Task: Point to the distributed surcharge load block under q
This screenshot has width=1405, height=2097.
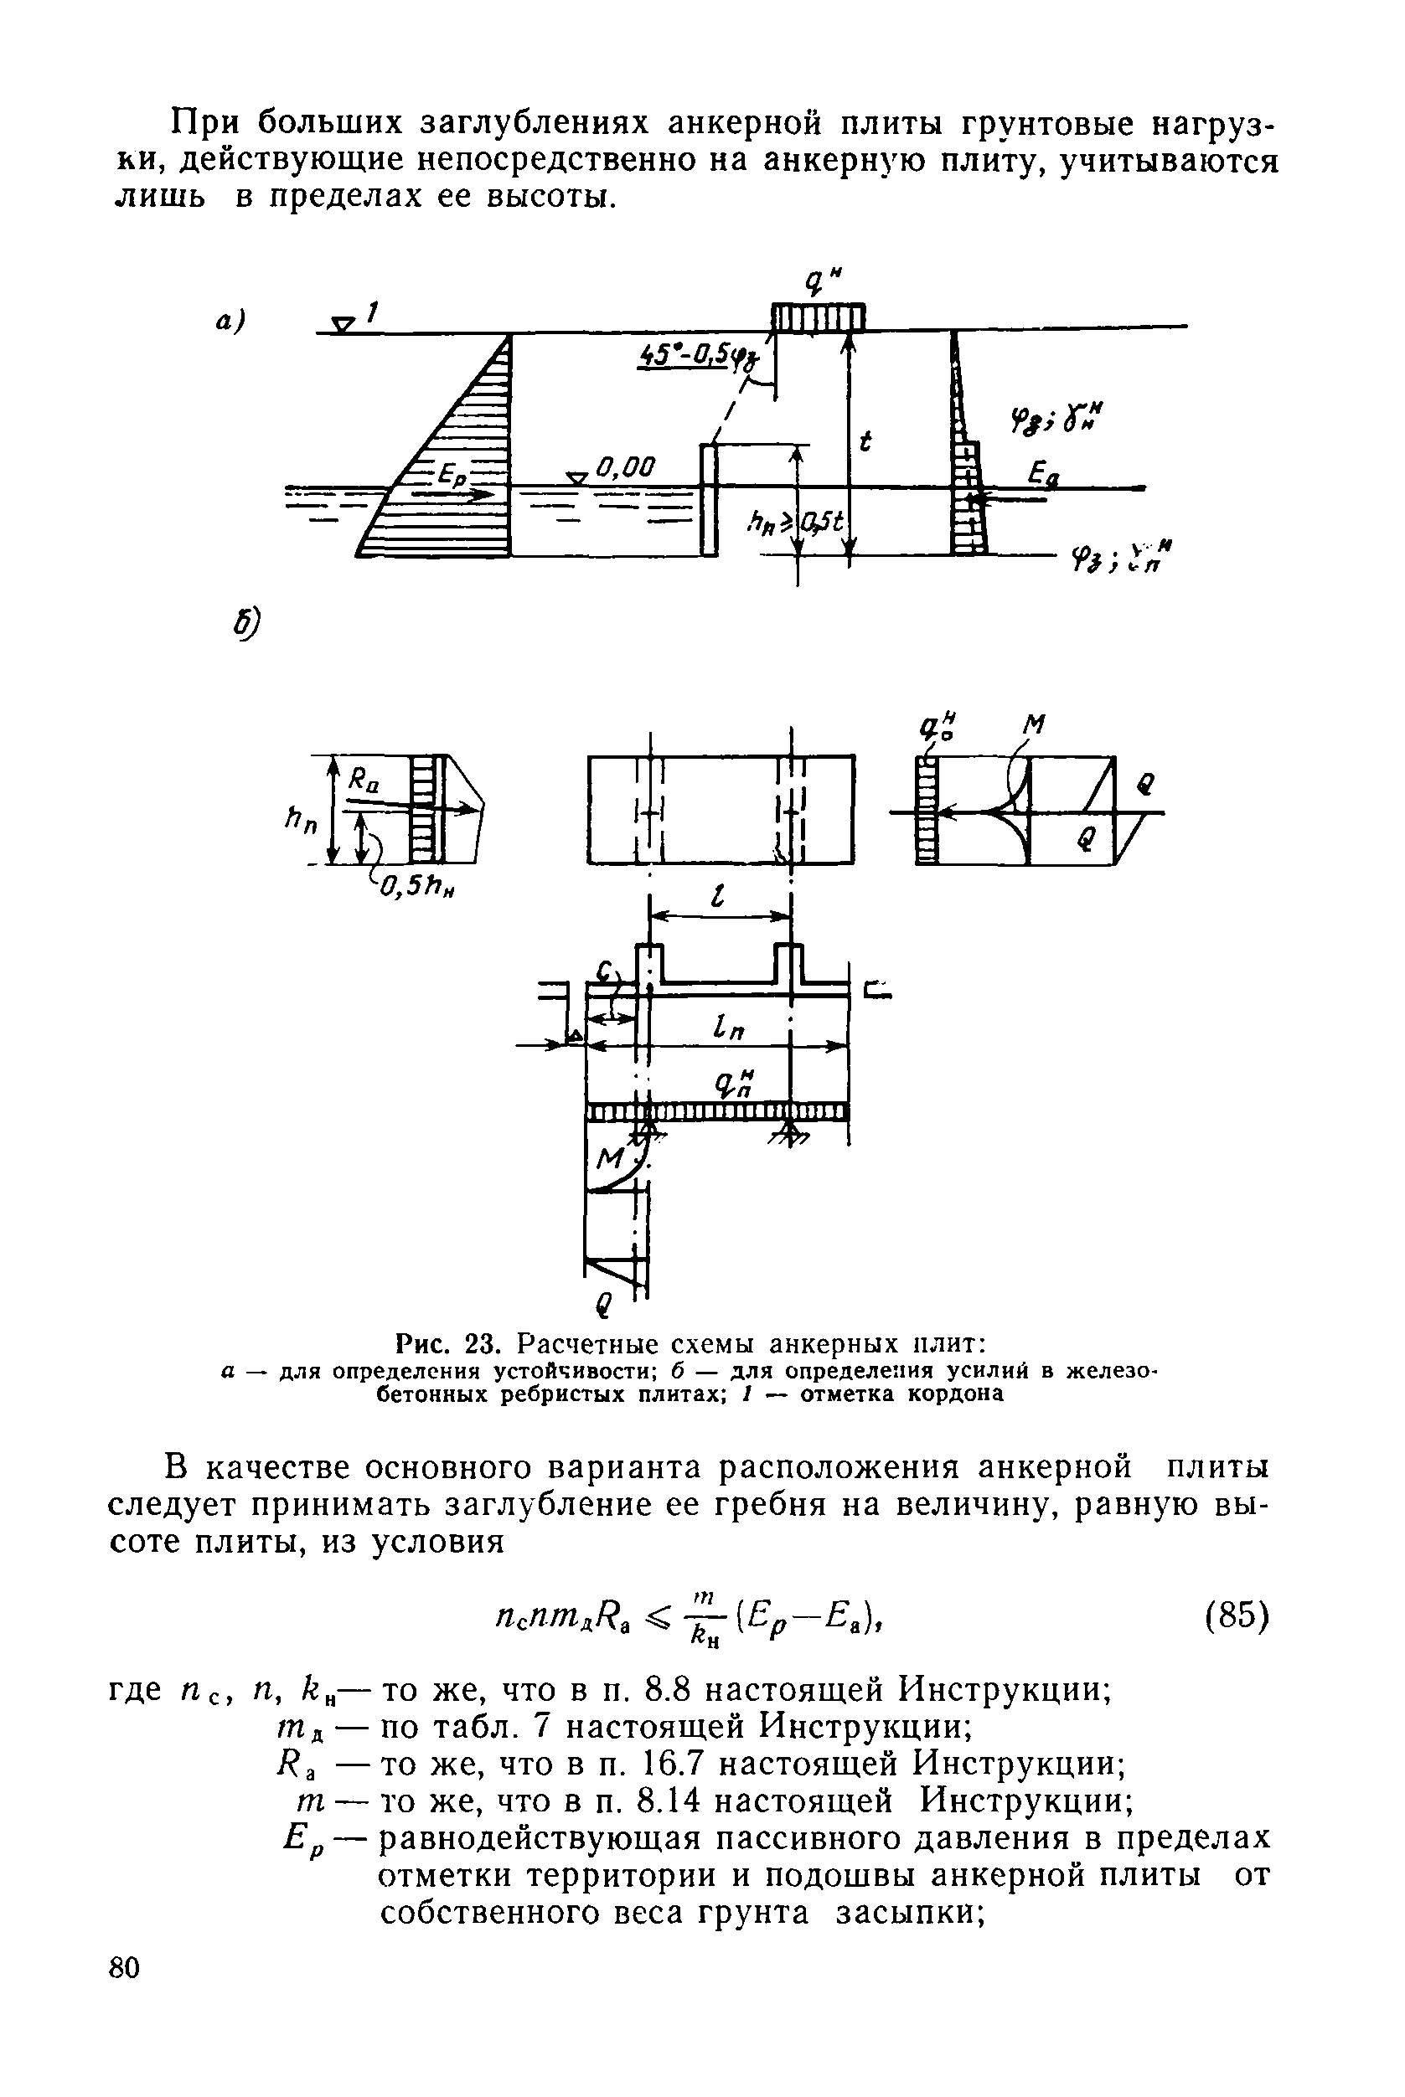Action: point(818,317)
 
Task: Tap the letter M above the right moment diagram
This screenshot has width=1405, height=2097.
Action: point(1035,724)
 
